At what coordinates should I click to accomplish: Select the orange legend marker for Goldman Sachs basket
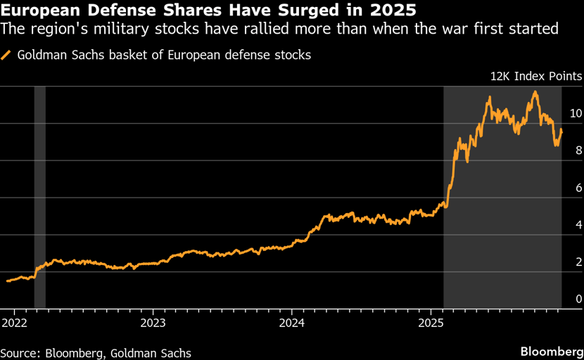(x=6, y=54)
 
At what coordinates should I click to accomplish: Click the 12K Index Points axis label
(x=537, y=76)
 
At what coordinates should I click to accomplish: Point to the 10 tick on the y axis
(x=576, y=113)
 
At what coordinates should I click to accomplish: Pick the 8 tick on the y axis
(x=578, y=150)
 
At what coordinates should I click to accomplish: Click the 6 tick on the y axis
(x=578, y=188)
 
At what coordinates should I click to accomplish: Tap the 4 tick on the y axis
(x=578, y=225)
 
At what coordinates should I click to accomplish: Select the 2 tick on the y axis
(x=578, y=262)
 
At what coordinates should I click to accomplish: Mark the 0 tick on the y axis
(x=578, y=300)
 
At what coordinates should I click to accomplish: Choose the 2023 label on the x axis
(x=153, y=323)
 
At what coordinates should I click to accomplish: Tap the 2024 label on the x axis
(x=292, y=323)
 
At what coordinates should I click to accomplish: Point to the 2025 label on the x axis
(x=431, y=323)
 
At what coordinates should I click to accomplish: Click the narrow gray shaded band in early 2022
(x=40, y=197)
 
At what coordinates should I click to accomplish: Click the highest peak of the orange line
(x=535, y=92)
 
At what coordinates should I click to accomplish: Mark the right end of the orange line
(x=561, y=131)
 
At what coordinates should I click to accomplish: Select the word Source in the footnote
(x=18, y=353)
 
